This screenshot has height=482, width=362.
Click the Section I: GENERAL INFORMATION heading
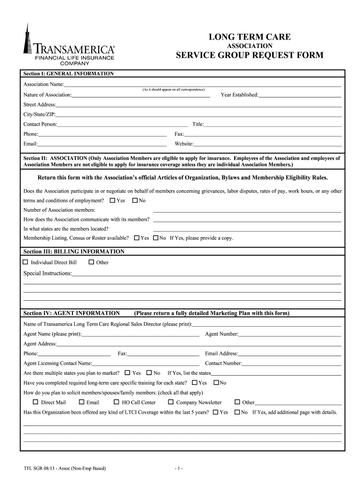[x=69, y=74]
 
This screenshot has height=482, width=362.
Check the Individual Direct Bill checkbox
[x=26, y=262]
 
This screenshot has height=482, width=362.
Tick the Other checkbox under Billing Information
[x=91, y=262]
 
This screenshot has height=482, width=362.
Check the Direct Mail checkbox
[x=35, y=402]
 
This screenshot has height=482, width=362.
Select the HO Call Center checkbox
[x=117, y=402]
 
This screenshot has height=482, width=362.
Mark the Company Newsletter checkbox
[x=171, y=402]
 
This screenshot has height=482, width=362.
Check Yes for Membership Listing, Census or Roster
[x=137, y=238]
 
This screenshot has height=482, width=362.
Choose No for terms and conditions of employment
[x=135, y=201]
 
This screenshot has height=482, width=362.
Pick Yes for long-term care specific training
[x=195, y=383]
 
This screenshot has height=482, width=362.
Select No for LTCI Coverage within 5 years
[x=237, y=412]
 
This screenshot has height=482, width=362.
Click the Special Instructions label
[x=47, y=273]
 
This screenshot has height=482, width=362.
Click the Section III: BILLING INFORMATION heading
[x=74, y=252]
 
